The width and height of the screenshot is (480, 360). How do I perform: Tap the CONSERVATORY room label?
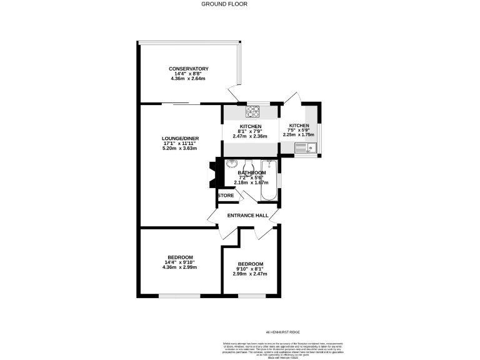(x=188, y=69)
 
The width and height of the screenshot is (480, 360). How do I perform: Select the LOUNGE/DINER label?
(x=179, y=138)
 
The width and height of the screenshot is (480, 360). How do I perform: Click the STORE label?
(x=226, y=196)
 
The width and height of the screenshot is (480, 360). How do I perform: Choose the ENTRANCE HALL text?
(x=247, y=216)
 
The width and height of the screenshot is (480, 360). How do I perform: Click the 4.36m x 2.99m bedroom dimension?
(x=179, y=267)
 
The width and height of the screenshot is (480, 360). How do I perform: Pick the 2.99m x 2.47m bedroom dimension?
(x=250, y=274)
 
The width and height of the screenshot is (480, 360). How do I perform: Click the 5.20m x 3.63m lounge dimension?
(x=179, y=149)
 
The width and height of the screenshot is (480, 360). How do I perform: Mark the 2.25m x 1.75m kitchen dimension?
(x=299, y=134)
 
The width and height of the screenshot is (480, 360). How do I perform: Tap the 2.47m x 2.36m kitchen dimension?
(x=250, y=136)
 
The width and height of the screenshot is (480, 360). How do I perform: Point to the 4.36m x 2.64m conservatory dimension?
(x=188, y=79)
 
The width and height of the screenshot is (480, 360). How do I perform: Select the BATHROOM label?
(x=251, y=172)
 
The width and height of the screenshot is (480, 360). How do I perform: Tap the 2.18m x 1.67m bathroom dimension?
(x=251, y=183)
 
